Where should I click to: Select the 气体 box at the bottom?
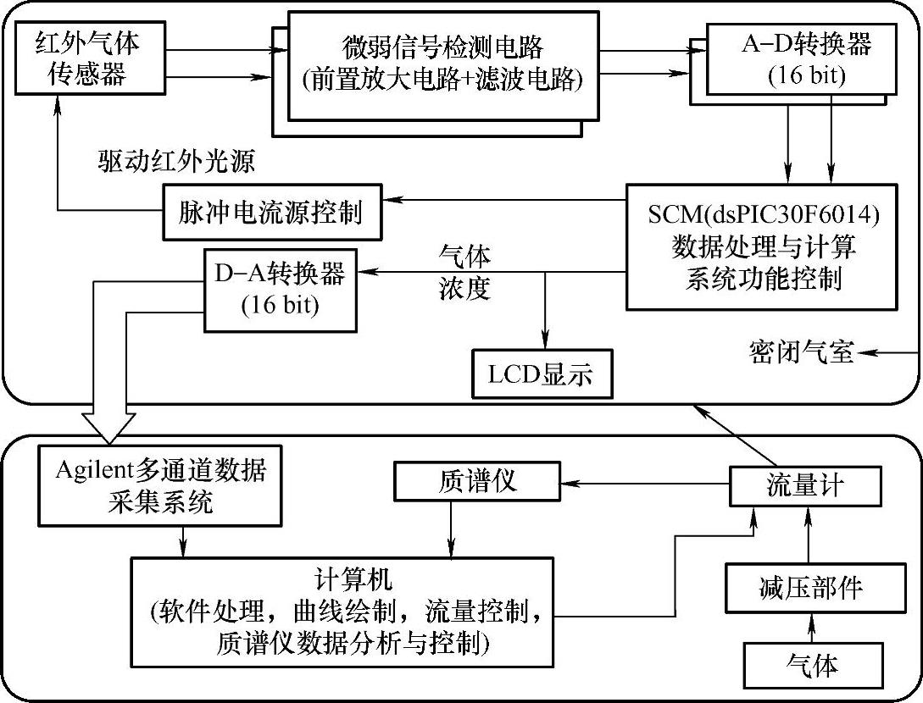click(x=811, y=665)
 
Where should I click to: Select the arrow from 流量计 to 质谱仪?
click(x=645, y=483)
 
